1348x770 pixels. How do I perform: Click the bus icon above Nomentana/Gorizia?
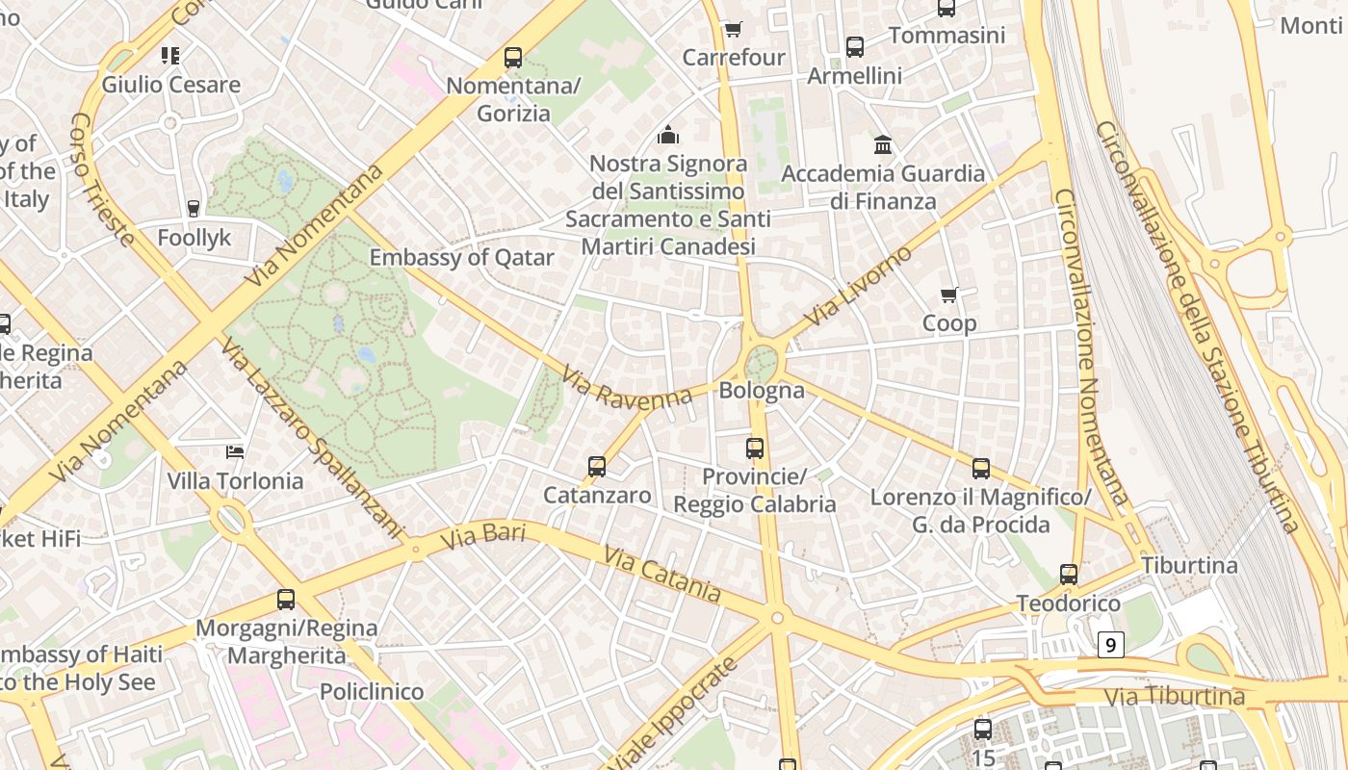point(513,58)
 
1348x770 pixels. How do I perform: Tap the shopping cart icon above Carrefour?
point(734,30)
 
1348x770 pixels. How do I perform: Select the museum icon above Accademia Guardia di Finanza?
point(883,145)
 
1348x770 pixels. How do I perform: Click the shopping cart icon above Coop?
point(949,295)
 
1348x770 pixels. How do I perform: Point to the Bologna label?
point(762,391)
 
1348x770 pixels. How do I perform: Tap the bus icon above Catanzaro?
point(597,467)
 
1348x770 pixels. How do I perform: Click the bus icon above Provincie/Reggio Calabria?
point(755,449)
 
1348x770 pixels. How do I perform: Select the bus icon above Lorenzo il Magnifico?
point(981,469)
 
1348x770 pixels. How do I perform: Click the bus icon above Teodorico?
point(1069,575)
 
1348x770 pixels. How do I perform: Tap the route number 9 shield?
point(1111,645)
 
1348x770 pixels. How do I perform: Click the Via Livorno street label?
point(857,286)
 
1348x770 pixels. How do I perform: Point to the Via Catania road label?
point(662,574)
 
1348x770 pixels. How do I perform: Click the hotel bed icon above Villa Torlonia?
point(235,451)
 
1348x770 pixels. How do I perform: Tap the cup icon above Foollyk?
point(194,208)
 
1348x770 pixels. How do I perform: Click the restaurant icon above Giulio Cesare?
point(170,56)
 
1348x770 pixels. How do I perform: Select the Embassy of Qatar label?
point(462,258)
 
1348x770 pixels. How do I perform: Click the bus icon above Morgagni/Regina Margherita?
point(286,600)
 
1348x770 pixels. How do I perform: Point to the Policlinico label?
point(372,691)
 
